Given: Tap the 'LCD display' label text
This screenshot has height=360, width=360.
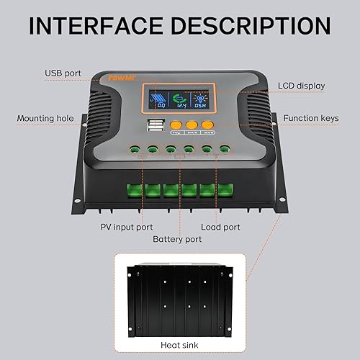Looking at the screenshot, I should tap(300, 86).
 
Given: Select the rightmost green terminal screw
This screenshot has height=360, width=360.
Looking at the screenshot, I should tap(225, 150).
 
